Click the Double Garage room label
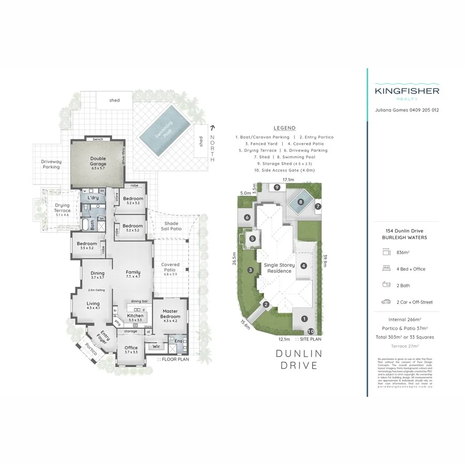tap(98, 161)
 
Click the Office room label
tap(131, 350)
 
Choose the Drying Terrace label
tap(62, 208)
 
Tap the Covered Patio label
tap(170, 267)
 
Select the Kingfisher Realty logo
tap(407, 92)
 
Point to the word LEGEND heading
tap(285, 128)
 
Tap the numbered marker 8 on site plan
tap(300, 202)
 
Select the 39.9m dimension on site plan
tap(324, 263)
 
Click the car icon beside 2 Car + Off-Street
tap(385, 302)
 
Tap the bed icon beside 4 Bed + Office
tap(385, 269)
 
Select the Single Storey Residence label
tap(280, 268)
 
